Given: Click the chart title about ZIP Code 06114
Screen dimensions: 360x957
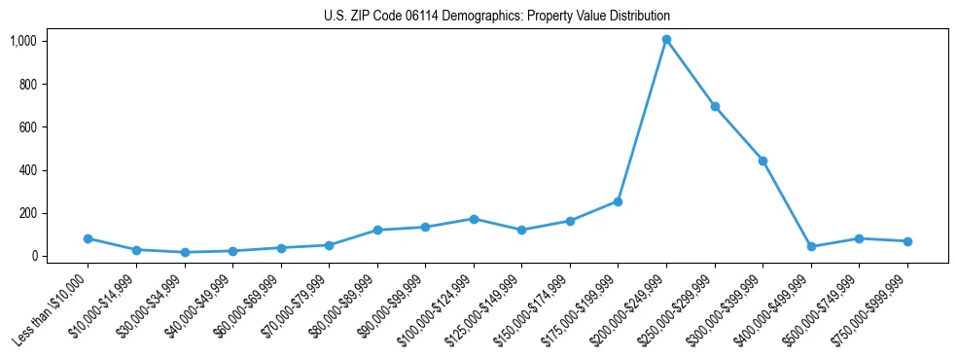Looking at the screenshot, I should coord(497,17).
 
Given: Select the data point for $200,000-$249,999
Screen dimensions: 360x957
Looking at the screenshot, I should coord(666,40).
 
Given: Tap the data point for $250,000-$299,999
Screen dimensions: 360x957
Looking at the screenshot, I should coord(715,107).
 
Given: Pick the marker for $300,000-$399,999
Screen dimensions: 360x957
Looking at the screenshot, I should coord(762,161).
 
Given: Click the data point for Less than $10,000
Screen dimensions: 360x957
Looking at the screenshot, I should coord(88,238).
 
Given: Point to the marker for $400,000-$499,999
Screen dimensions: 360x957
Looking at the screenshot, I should coord(811,246).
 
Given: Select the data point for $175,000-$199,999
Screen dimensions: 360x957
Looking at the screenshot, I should coord(618,201).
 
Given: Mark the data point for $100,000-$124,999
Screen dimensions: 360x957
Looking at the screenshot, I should coord(474,219).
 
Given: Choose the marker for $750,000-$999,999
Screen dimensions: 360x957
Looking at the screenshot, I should coord(907,241).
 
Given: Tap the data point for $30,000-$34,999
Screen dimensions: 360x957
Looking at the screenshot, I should coord(184,252).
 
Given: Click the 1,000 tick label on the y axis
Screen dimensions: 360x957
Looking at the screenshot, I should coord(23,41).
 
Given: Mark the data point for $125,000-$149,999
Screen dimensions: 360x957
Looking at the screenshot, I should coord(521,230).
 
